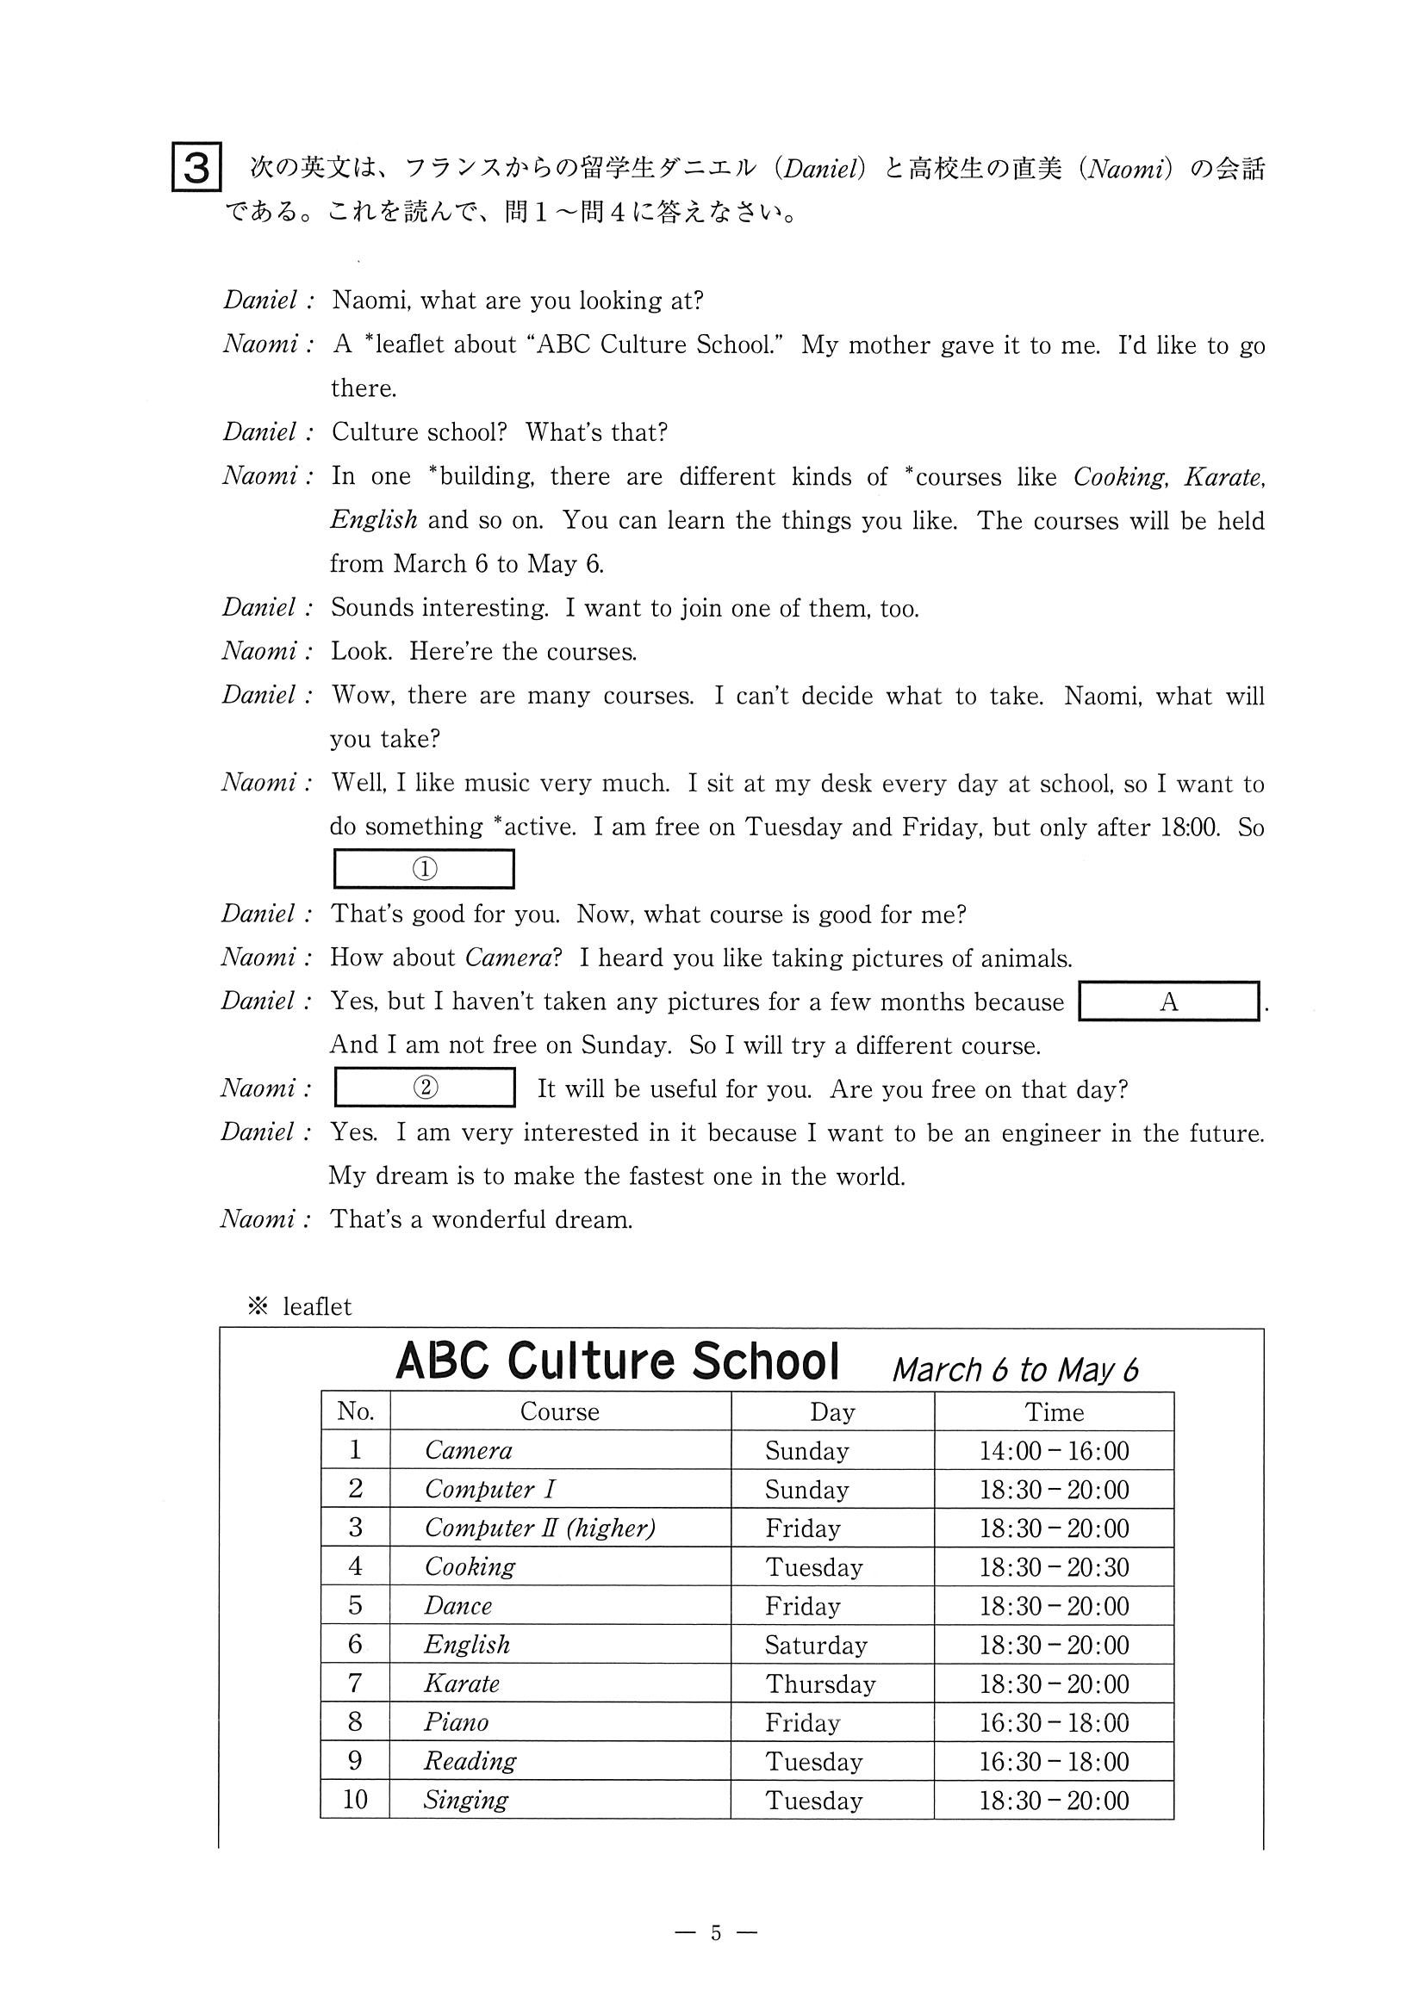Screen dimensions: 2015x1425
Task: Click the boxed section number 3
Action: pos(196,167)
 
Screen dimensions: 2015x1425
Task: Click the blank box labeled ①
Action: pos(424,869)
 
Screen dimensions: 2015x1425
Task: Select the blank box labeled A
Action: pos(1167,1001)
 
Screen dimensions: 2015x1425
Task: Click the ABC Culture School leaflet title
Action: pos(617,1362)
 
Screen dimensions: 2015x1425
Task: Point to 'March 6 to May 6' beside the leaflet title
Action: pos(1015,1370)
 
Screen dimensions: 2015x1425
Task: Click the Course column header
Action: pos(559,1411)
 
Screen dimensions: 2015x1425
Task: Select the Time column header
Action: pos(1054,1412)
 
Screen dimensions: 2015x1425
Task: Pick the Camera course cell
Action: pos(468,1450)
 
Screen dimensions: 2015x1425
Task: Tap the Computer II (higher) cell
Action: pos(540,1528)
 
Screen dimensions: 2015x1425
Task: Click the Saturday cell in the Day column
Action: pos(816,1645)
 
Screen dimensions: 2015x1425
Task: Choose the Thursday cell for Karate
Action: pos(820,1683)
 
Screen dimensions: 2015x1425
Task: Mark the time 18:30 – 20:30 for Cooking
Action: pos(1054,1567)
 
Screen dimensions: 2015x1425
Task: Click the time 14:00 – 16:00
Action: pos(1054,1451)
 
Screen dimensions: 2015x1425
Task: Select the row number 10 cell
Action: pos(355,1800)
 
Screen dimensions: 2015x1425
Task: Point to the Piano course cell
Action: pos(456,1722)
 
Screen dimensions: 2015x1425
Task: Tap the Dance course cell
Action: pos(457,1606)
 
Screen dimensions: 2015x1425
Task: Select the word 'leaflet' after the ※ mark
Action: pos(317,1307)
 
